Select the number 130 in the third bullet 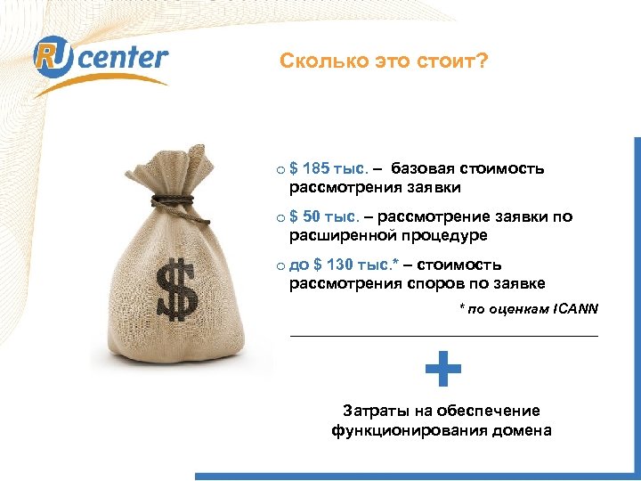pyautogui.click(x=339, y=265)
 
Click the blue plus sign pyautogui.click(x=442, y=370)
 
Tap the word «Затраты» pyautogui.click(x=374, y=411)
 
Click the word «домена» pyautogui.click(x=520, y=430)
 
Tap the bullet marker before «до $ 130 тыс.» pyautogui.click(x=280, y=265)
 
